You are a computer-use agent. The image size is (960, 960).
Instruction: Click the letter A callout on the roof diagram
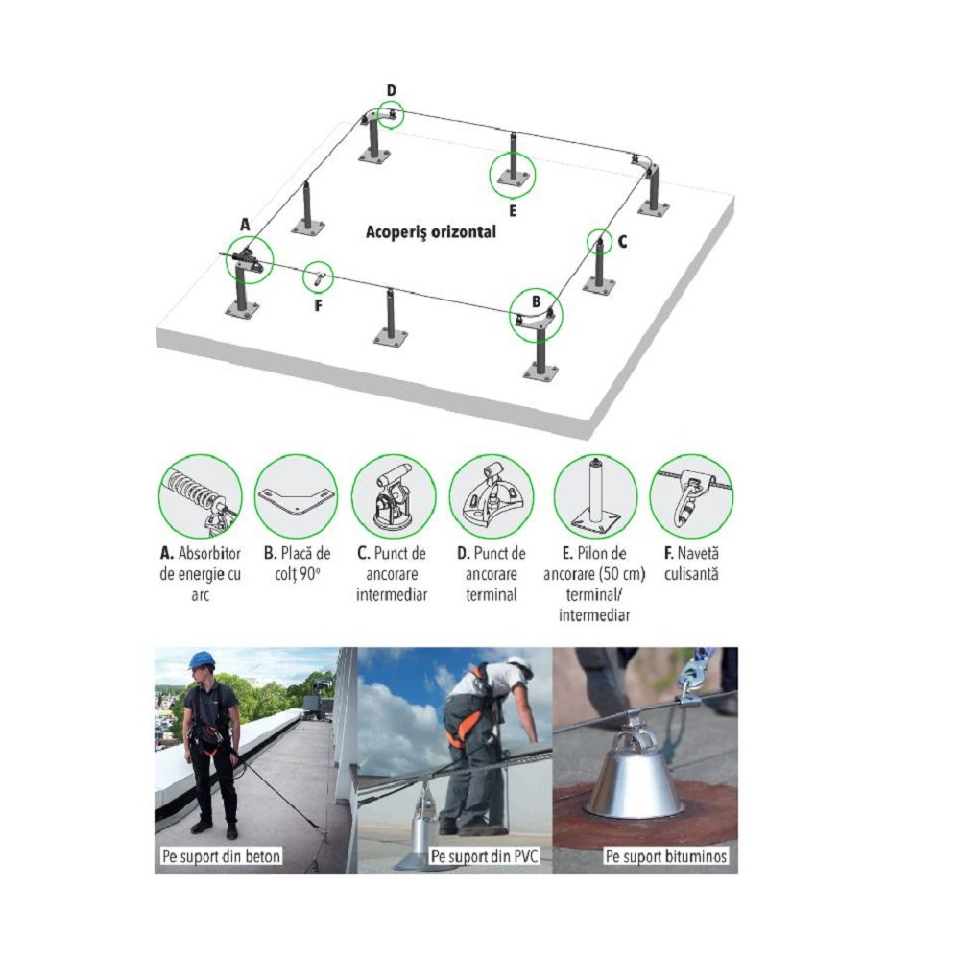245,225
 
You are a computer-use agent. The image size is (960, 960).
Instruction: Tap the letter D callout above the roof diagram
392,90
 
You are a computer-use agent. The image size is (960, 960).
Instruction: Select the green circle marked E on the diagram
512,175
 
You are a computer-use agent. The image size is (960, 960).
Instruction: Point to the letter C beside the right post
622,242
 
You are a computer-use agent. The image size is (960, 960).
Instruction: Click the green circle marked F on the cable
318,276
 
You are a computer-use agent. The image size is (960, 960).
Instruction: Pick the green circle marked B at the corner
537,315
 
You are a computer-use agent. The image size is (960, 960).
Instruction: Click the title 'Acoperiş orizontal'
431,232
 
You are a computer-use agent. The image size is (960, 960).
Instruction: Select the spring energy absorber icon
201,496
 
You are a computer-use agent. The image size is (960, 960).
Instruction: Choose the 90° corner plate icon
297,496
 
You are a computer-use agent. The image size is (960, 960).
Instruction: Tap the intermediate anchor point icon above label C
394,496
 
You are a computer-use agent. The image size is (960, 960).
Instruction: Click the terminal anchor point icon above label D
492,496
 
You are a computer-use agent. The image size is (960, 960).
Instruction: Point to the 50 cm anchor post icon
595,496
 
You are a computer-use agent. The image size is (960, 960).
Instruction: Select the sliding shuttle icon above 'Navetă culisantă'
691,496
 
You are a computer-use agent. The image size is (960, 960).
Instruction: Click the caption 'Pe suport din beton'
221,855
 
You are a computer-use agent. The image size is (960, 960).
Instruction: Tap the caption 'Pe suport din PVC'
484,855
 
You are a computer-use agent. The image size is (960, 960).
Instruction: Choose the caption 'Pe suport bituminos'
666,855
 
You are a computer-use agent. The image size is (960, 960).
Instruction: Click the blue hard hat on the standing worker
202,660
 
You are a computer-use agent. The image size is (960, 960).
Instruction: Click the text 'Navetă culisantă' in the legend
691,564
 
